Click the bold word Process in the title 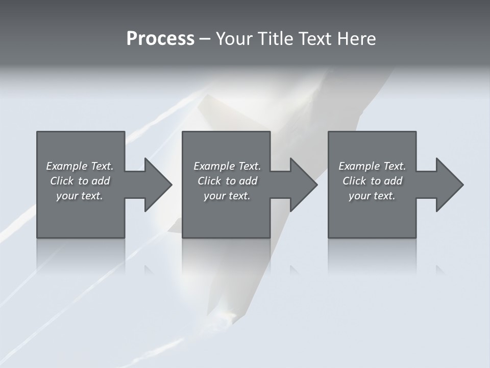coord(160,39)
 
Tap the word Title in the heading coord(274,39)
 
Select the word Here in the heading coord(356,39)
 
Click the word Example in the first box coord(66,166)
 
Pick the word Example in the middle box coord(214,166)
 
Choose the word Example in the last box coord(359,166)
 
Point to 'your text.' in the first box coord(80,196)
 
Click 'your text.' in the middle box coord(227,196)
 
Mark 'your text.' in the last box coord(372,196)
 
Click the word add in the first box coord(101,181)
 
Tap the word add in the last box coord(394,181)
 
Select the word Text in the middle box coord(249,166)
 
